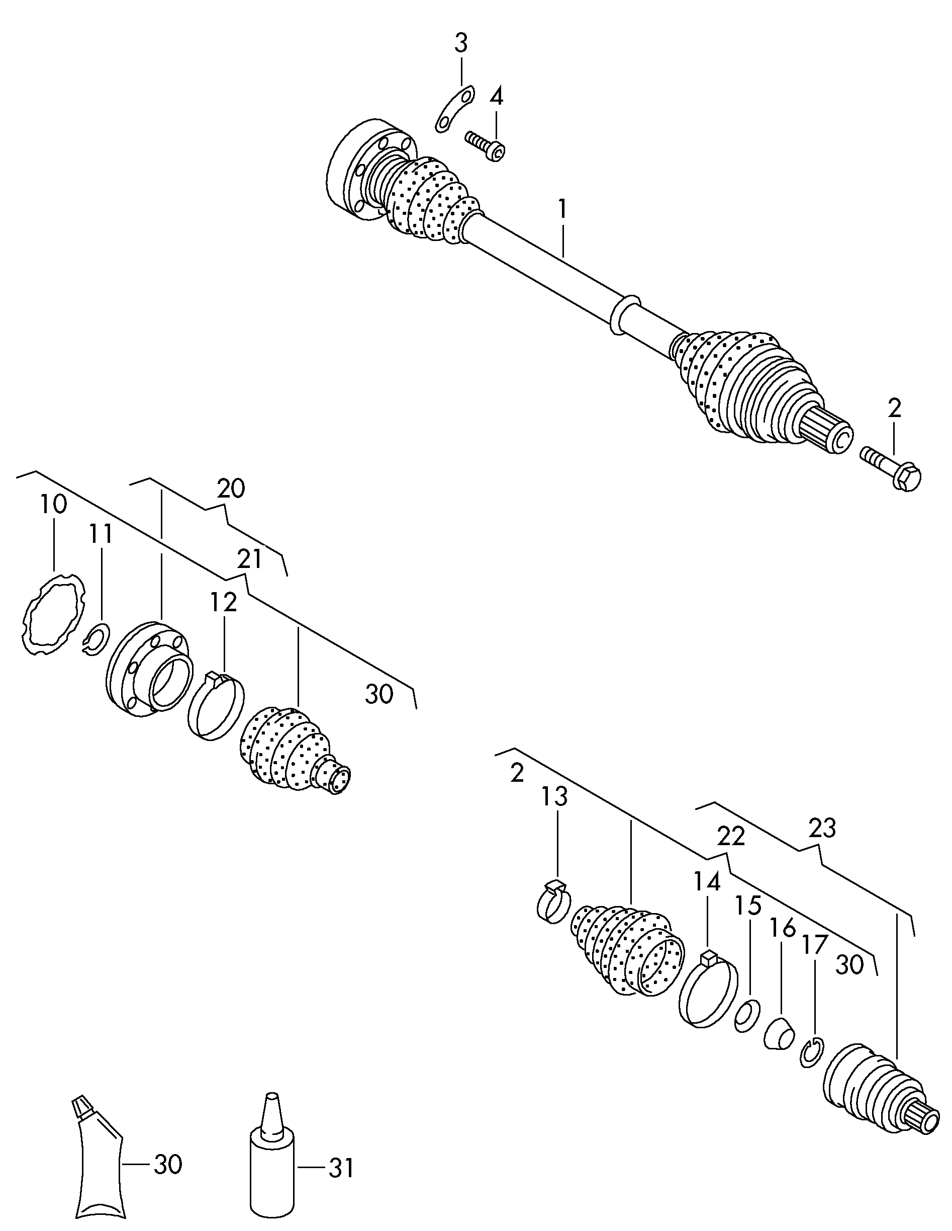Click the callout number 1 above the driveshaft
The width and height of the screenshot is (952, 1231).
[561, 210]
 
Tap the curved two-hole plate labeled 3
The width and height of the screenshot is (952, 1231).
[454, 109]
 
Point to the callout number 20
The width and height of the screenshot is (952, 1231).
[231, 488]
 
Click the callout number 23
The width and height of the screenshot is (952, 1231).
[822, 828]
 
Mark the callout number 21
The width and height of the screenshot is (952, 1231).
[249, 558]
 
